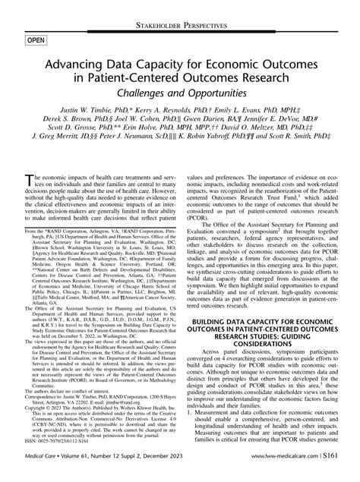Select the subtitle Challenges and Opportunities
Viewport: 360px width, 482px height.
(x=180, y=92)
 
